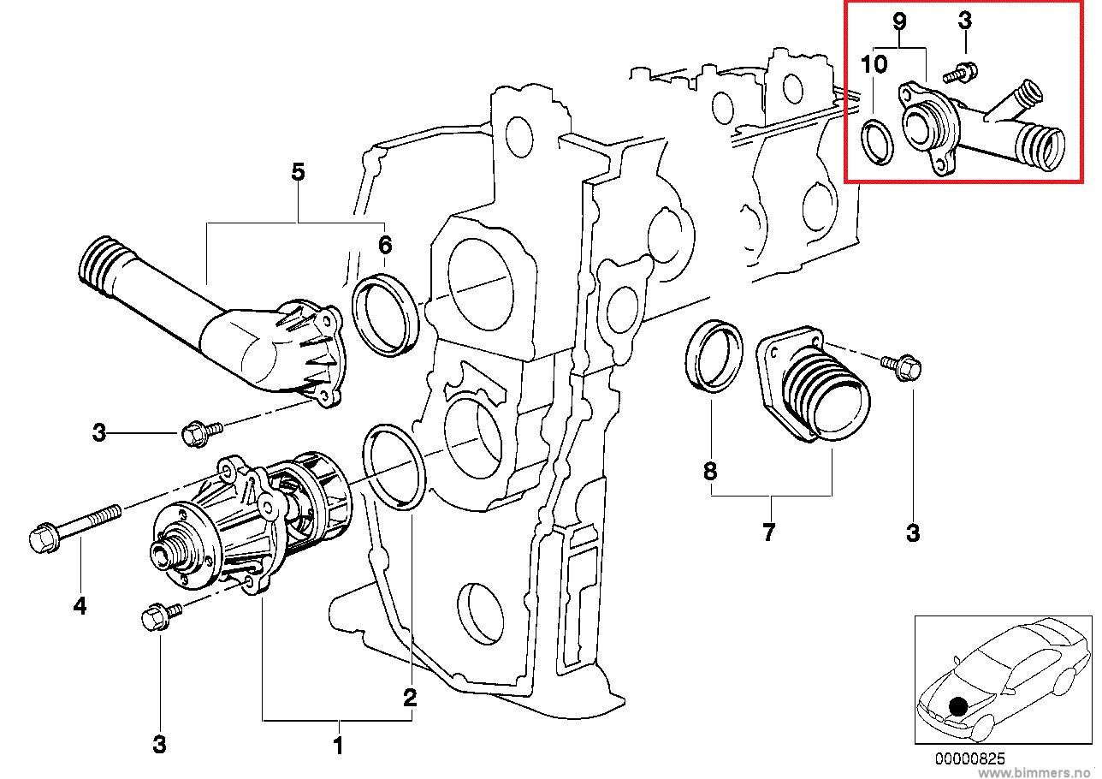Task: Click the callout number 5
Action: pos(297,172)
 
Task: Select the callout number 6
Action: pos(385,246)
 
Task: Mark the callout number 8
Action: pos(710,471)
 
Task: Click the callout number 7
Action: pos(768,532)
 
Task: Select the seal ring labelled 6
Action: pos(384,312)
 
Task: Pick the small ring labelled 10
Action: pos(875,141)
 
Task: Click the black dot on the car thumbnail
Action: pos(959,706)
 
